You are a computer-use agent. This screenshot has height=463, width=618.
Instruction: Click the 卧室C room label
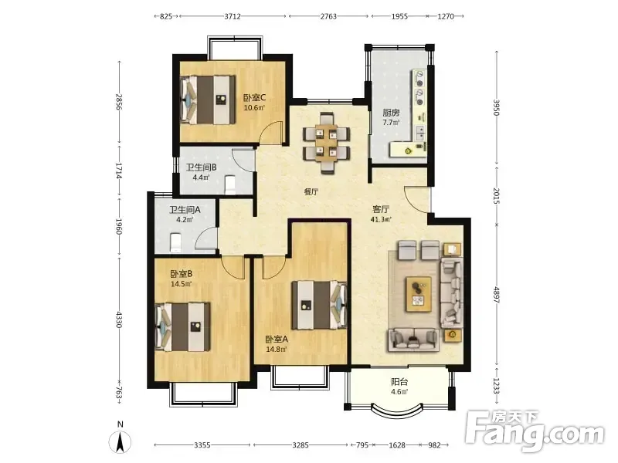click(x=255, y=97)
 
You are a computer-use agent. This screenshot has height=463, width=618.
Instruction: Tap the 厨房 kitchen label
click(x=391, y=113)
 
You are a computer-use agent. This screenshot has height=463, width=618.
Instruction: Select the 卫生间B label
click(x=202, y=167)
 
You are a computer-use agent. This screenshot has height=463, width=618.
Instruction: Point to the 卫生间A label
click(x=185, y=210)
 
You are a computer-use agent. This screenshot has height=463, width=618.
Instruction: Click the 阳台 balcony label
click(x=399, y=382)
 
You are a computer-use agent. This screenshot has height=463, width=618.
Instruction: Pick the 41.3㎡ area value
click(x=381, y=219)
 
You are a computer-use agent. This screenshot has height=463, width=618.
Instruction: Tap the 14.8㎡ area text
click(x=277, y=350)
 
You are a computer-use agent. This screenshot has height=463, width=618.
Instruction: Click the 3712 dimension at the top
click(x=233, y=16)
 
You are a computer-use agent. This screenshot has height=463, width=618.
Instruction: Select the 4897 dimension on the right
click(x=496, y=294)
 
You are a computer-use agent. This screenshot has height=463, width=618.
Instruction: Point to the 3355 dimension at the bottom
click(x=202, y=445)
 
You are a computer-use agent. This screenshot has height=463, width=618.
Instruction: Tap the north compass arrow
click(x=121, y=441)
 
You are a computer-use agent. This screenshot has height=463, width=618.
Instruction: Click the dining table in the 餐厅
click(x=326, y=144)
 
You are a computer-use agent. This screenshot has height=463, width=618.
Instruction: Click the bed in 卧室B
click(x=182, y=326)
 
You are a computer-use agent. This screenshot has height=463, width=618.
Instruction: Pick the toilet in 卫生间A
click(x=175, y=242)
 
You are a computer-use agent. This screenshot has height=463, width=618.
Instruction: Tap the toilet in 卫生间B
click(x=229, y=185)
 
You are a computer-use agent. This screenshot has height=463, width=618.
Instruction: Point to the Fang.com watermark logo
click(x=535, y=432)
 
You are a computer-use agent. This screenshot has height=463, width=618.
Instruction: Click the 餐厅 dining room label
click(x=311, y=192)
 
